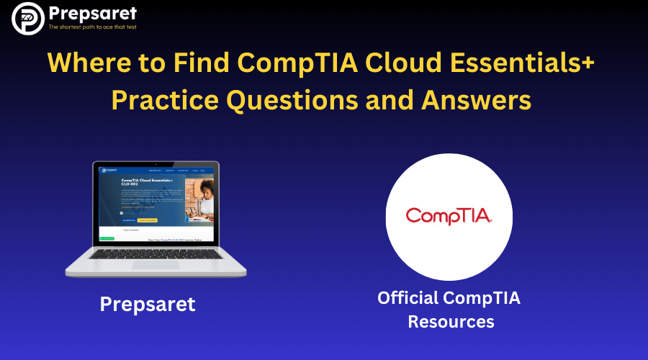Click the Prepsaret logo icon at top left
tap(27, 18)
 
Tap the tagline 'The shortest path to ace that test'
tap(91, 27)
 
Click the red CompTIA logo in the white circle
tap(449, 215)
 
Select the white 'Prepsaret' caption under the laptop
tap(148, 304)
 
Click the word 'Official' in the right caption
tap(408, 297)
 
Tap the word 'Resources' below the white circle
tap(451, 321)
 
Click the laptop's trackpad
tap(156, 264)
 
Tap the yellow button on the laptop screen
tap(148, 220)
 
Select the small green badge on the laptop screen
tap(107, 238)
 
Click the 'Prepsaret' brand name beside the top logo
tap(91, 13)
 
